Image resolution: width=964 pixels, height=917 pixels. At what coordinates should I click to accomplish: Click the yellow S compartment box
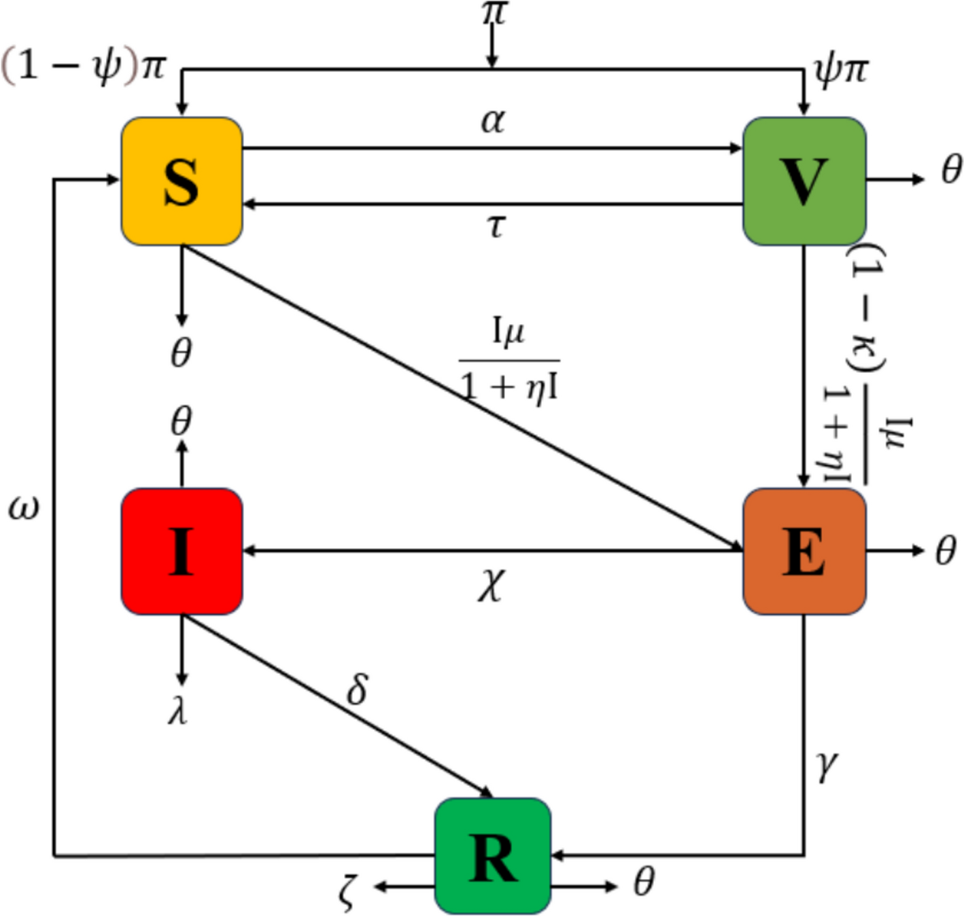[182, 181]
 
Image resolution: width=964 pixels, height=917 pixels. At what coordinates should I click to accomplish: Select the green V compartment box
[804, 181]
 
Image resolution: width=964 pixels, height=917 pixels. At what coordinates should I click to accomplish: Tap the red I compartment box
[182, 551]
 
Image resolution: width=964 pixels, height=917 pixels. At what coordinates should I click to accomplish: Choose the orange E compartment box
[804, 551]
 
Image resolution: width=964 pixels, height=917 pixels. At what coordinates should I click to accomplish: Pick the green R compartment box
[493, 857]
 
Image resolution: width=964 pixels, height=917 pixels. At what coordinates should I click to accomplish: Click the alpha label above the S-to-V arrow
[493, 121]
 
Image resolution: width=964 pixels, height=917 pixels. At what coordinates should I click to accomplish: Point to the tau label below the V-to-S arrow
[496, 225]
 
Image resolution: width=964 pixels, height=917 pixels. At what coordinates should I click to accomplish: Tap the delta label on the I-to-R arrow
[358, 689]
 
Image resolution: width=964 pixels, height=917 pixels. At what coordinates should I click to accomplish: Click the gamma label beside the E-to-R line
[826, 766]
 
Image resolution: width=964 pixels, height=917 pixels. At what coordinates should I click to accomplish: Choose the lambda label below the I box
[178, 711]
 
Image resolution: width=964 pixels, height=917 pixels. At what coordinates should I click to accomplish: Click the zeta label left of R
[347, 891]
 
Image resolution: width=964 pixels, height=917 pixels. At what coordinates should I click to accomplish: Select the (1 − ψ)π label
[84, 67]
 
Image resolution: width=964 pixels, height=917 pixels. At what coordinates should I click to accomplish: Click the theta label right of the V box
[951, 169]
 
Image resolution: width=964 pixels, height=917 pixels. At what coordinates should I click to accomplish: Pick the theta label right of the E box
[946, 550]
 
